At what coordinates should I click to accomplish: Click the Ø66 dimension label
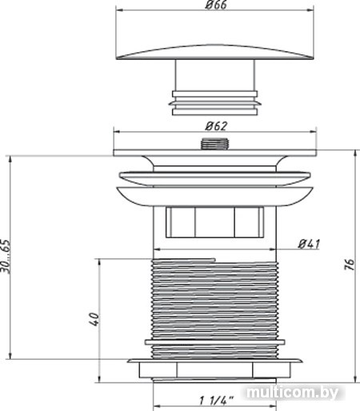pyautogui.click(x=216, y=5)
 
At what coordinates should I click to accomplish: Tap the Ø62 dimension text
pyautogui.click(x=216, y=126)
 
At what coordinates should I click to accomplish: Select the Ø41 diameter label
pyautogui.click(x=309, y=244)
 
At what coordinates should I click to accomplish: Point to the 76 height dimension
pyautogui.click(x=350, y=264)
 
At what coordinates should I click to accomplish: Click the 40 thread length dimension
pyautogui.click(x=94, y=319)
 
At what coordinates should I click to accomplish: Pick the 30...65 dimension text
pyautogui.click(x=6, y=257)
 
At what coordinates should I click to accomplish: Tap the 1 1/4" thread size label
pyautogui.click(x=216, y=401)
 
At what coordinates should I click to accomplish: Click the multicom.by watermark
pyautogui.click(x=292, y=392)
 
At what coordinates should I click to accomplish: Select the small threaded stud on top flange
pyautogui.click(x=215, y=144)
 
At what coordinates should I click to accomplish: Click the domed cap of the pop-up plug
pyautogui.click(x=215, y=52)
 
